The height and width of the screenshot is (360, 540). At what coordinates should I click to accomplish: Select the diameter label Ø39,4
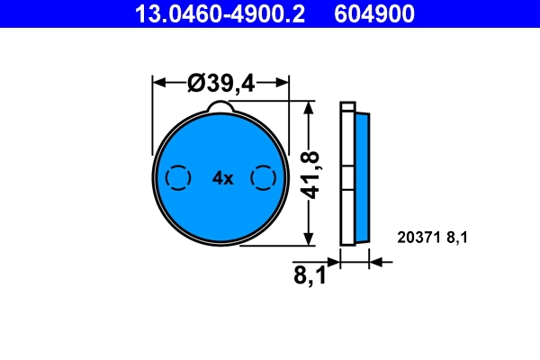pyautogui.click(x=221, y=83)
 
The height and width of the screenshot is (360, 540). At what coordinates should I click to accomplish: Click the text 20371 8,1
pyautogui.click(x=434, y=238)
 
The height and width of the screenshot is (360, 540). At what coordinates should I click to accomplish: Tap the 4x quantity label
pyautogui.click(x=222, y=178)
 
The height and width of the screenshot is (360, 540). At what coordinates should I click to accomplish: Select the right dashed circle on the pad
pyautogui.click(x=263, y=178)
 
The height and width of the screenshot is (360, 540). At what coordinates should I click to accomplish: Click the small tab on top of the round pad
pyautogui.click(x=221, y=108)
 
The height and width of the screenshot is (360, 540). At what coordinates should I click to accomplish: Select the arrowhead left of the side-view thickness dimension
pyautogui.click(x=335, y=263)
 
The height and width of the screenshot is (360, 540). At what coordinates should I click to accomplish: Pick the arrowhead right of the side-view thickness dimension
pyautogui.click(x=376, y=263)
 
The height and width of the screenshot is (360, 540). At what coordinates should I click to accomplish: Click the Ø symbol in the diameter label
pyautogui.click(x=196, y=83)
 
